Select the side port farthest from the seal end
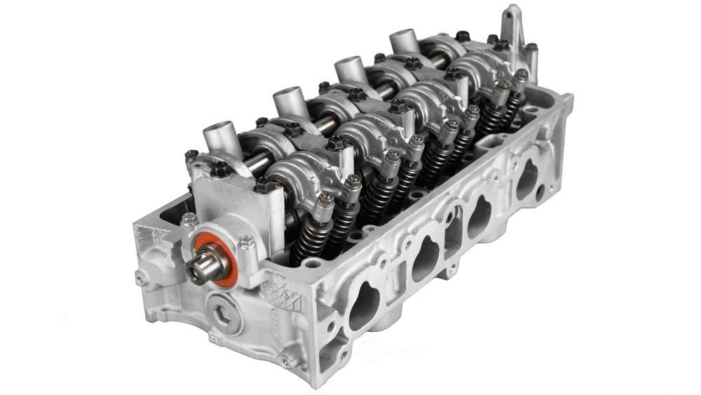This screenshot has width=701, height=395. coord(527,180)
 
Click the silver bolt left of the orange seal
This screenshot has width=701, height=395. coord(189,220)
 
